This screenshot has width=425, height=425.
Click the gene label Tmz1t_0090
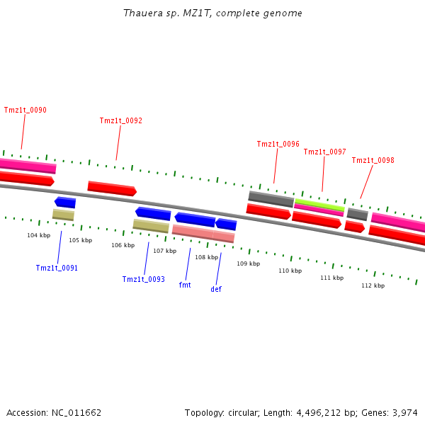[25, 110]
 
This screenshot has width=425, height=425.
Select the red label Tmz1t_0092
[120, 120]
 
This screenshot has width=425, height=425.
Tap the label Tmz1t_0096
[278, 144]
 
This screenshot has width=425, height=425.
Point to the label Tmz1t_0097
[324, 152]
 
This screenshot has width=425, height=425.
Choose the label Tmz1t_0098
[373, 160]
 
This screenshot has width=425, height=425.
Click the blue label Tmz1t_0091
[57, 268]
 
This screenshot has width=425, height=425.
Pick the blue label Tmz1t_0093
[143, 279]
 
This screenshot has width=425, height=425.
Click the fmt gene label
[185, 285]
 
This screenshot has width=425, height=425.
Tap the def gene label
[216, 289]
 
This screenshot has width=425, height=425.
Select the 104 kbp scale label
[39, 235]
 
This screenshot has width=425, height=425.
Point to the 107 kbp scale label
[164, 251]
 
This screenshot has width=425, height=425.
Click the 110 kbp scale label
[290, 271]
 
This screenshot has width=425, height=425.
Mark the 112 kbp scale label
[373, 285]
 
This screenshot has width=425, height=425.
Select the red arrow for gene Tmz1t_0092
[112, 189]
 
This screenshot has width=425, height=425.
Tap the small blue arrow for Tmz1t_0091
[65, 203]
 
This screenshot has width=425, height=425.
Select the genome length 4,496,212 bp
[320, 412]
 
